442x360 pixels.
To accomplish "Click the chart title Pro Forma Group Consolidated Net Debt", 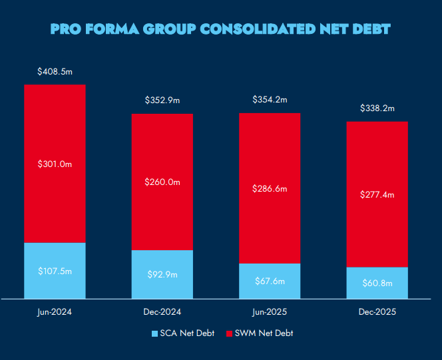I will [x=220, y=29].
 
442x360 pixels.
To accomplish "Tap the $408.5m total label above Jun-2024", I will [x=55, y=71].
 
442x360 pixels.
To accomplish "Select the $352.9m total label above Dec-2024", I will [x=162, y=100].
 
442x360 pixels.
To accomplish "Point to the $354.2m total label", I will [x=270, y=100].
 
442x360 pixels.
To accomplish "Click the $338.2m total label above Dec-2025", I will [x=377, y=108].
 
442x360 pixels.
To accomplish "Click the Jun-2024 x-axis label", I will [x=55, y=312].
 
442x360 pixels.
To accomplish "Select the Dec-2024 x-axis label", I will [x=162, y=312].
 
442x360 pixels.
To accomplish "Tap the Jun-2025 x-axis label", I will [x=270, y=312].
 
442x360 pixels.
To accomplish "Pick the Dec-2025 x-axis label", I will [x=377, y=312].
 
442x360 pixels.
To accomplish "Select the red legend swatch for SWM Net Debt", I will [x=230, y=333].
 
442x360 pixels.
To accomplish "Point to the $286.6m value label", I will [x=270, y=189].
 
